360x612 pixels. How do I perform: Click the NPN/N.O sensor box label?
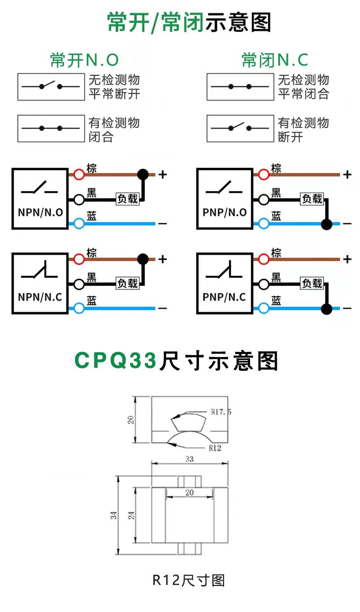click(x=40, y=212)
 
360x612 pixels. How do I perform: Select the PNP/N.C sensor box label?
click(x=224, y=297)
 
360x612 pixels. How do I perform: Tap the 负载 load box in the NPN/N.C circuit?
click(x=127, y=283)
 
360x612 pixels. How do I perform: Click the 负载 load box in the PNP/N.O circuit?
click(x=312, y=198)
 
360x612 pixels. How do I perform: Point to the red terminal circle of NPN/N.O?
click(x=79, y=174)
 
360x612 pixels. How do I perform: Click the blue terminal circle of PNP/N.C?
click(x=263, y=308)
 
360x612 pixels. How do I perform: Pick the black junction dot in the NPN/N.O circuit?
click(x=143, y=174)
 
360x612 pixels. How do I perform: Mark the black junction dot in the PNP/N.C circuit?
click(x=327, y=308)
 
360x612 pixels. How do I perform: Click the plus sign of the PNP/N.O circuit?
click(x=347, y=174)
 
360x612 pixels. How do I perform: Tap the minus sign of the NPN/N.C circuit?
click(x=162, y=308)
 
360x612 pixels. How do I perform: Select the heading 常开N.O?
click(x=84, y=60)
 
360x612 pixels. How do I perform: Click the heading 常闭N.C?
click(x=275, y=60)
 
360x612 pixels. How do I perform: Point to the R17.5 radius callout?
click(x=221, y=412)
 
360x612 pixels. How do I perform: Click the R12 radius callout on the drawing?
click(x=215, y=448)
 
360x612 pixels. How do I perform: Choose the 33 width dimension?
click(x=190, y=459)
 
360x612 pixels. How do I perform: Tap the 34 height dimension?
click(x=114, y=515)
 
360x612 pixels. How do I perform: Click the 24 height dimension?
click(x=131, y=515)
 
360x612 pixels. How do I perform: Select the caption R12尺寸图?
click(x=189, y=580)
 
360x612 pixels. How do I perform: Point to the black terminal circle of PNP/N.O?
click(x=263, y=199)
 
